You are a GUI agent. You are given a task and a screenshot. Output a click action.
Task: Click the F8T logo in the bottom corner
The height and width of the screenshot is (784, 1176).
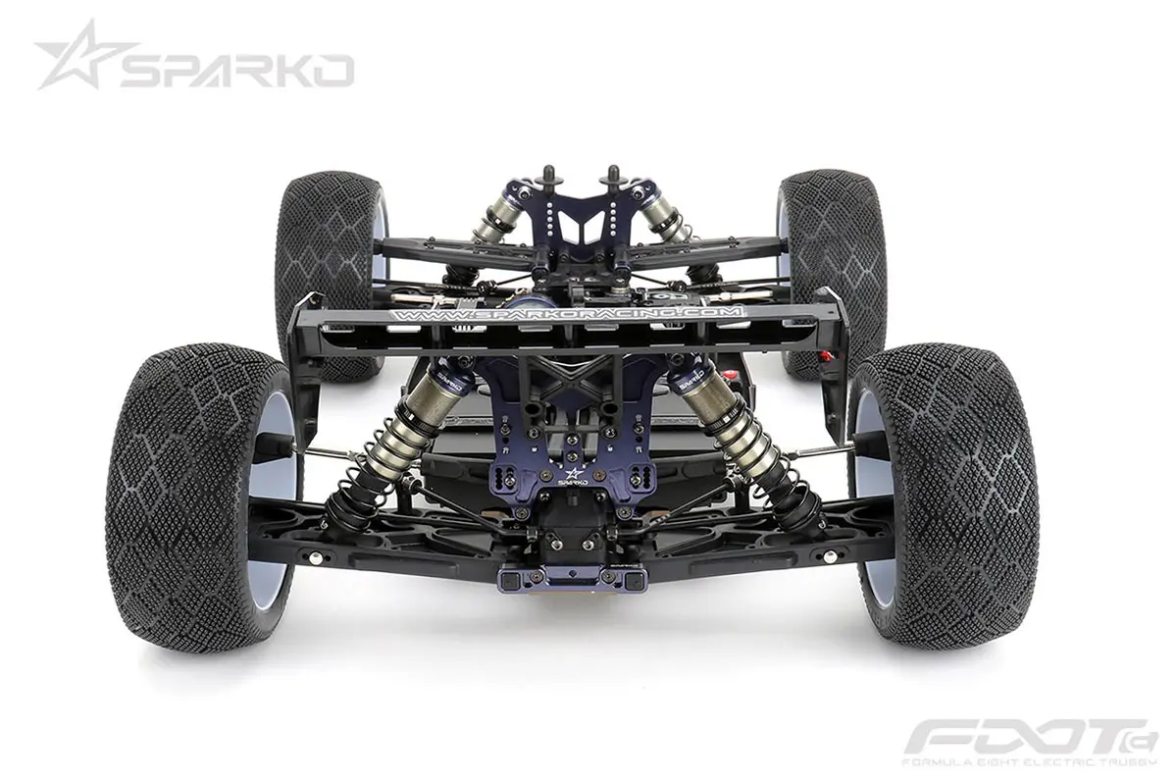(x=1030, y=736)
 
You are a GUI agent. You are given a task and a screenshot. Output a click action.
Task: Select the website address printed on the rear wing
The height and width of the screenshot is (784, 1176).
(x=568, y=314)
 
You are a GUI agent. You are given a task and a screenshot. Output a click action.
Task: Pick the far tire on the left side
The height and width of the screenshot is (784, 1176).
(x=329, y=255)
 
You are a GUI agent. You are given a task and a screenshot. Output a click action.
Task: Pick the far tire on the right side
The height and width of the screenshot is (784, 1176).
(x=832, y=255)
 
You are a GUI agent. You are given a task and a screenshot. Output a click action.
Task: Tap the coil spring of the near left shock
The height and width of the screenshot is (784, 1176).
(x=378, y=446)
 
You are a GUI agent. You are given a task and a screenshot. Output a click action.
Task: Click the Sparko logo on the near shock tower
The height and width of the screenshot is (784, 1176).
(x=574, y=478)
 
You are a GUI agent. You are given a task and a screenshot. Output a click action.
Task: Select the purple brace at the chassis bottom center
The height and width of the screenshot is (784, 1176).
(x=574, y=579)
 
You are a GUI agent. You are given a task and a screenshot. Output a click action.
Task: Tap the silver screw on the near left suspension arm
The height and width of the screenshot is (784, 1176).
(x=315, y=556)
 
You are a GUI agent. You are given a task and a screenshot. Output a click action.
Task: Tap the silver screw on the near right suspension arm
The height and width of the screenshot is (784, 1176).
(x=831, y=556)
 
